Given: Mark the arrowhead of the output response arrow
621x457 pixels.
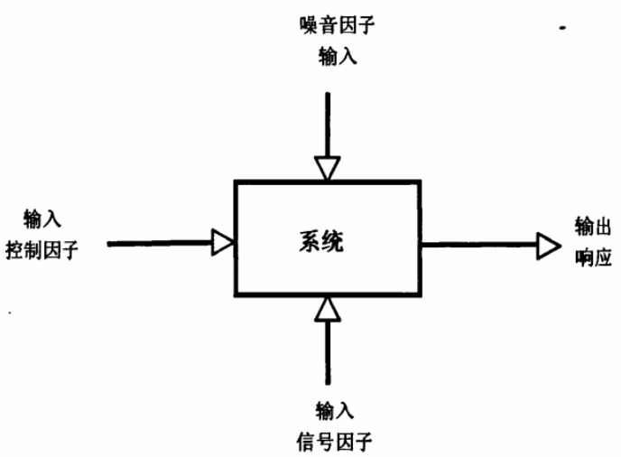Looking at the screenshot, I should pos(548,243).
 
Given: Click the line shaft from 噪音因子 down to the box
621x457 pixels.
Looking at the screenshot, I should pos(328,117).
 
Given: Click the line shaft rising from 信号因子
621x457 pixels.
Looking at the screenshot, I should pos(328,352).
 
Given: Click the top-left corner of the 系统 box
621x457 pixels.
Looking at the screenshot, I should pos(236,182).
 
